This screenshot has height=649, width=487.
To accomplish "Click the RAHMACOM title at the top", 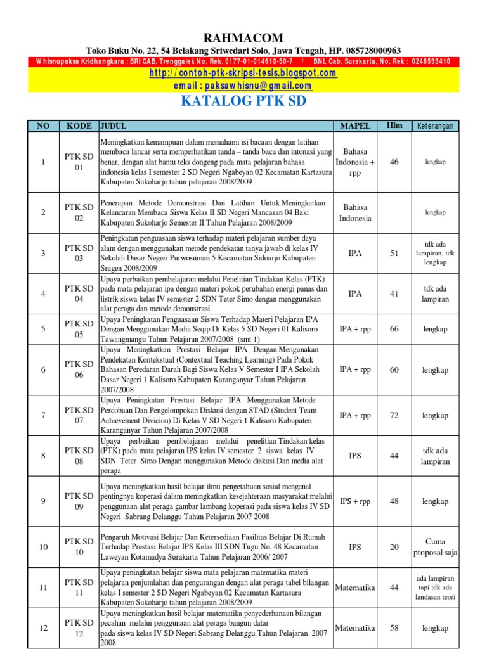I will point(243,38).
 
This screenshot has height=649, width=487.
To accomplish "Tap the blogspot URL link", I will point(243,74).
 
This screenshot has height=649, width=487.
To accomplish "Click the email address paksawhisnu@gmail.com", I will point(243,86).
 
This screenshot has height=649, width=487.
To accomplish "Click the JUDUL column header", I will point(114,125).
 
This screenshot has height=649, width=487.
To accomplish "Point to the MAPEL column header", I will point(355,126).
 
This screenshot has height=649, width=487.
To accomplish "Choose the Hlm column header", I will point(394,125).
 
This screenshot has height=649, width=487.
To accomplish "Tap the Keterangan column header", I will point(435,126).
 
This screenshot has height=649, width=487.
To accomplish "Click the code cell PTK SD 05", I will point(79,329).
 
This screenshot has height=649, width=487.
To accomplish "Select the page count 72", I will point(394,416).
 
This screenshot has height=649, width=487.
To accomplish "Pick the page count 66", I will point(394,329).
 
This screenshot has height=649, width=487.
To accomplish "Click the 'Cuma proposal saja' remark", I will point(435,547).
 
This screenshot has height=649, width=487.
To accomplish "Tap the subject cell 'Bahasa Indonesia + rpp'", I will point(355,162).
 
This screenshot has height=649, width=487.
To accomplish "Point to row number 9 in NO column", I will point(43,501).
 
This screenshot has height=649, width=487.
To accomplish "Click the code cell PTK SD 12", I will point(79,628).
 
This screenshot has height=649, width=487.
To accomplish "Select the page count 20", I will point(394,547).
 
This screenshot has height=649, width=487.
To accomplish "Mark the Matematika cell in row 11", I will point(355,588).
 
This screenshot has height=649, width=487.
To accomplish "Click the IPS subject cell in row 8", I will point(355,456).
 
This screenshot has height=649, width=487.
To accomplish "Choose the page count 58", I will point(394,628).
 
